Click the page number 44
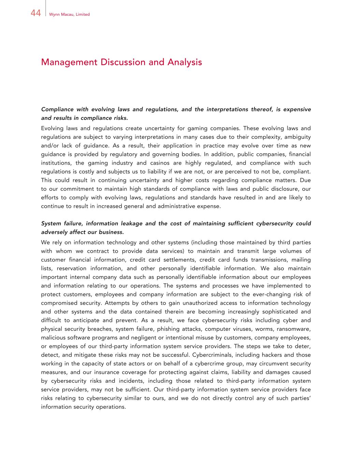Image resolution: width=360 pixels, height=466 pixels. (x=35, y=13)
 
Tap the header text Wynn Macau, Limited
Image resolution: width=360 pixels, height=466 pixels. (x=69, y=14)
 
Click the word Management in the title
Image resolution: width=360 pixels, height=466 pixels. (x=69, y=62)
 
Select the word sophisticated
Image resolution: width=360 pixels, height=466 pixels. (x=275, y=312)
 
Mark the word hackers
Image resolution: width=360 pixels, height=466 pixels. (x=280, y=355)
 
